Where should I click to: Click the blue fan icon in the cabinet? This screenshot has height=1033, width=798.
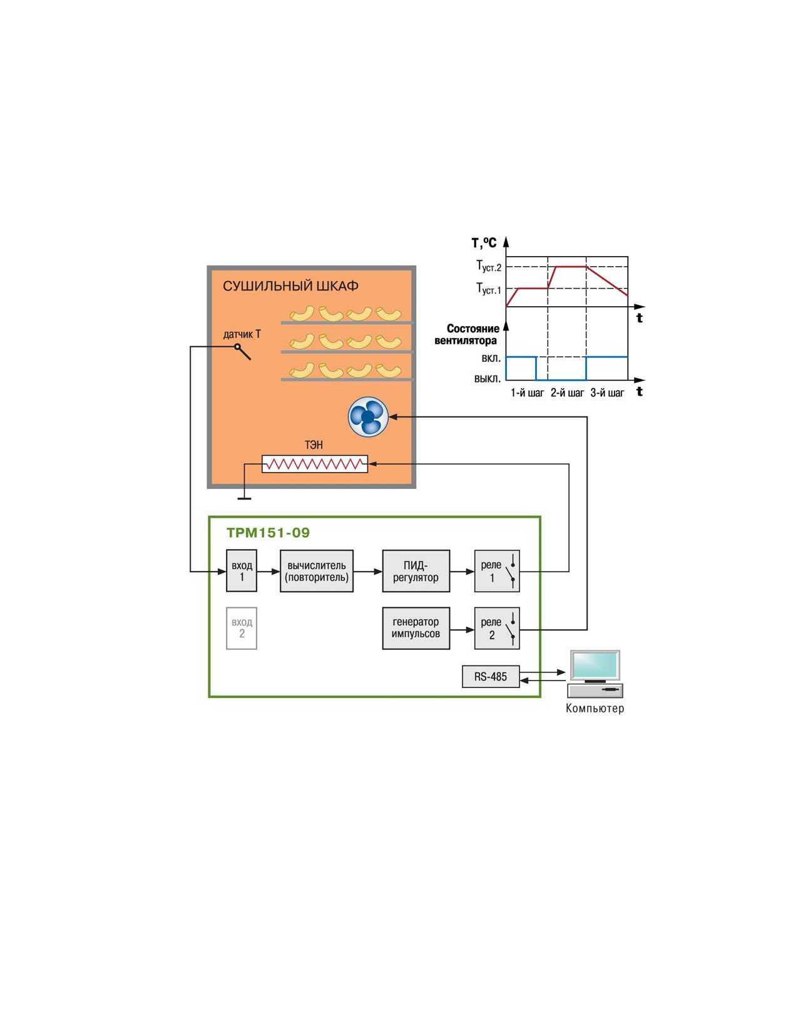coord(368,416)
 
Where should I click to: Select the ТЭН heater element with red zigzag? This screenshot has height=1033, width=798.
coord(315,463)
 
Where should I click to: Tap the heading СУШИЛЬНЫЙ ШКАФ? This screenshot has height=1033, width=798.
coord(290,285)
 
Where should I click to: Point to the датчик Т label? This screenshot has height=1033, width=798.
coord(242,334)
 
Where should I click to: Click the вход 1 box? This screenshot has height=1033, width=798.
coord(242,570)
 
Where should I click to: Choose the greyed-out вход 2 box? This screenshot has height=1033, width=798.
coord(242,628)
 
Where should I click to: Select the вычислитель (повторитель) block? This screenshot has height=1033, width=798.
coord(317,570)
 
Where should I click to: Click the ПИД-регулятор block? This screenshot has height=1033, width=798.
coord(416,570)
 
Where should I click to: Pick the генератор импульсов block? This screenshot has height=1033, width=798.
coord(416,628)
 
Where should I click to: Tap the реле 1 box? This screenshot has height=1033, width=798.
coord(497,570)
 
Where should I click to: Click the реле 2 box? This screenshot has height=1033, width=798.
coord(497,628)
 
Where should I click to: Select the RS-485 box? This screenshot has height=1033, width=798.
coord(491,676)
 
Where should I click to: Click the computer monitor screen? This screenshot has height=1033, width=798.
coord(595,665)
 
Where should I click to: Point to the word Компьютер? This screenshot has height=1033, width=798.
coord(595,708)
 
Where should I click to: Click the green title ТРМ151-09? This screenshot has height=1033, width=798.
coord(268,532)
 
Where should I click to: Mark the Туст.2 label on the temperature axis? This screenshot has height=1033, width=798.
coord(489,266)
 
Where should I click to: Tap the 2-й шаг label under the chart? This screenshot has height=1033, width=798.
coord(567,393)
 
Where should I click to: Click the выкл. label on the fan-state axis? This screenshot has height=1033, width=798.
coord(488,379)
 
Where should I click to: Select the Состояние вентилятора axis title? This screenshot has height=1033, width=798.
coord(466,334)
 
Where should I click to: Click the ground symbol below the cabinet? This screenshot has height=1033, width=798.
coord(244,498)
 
